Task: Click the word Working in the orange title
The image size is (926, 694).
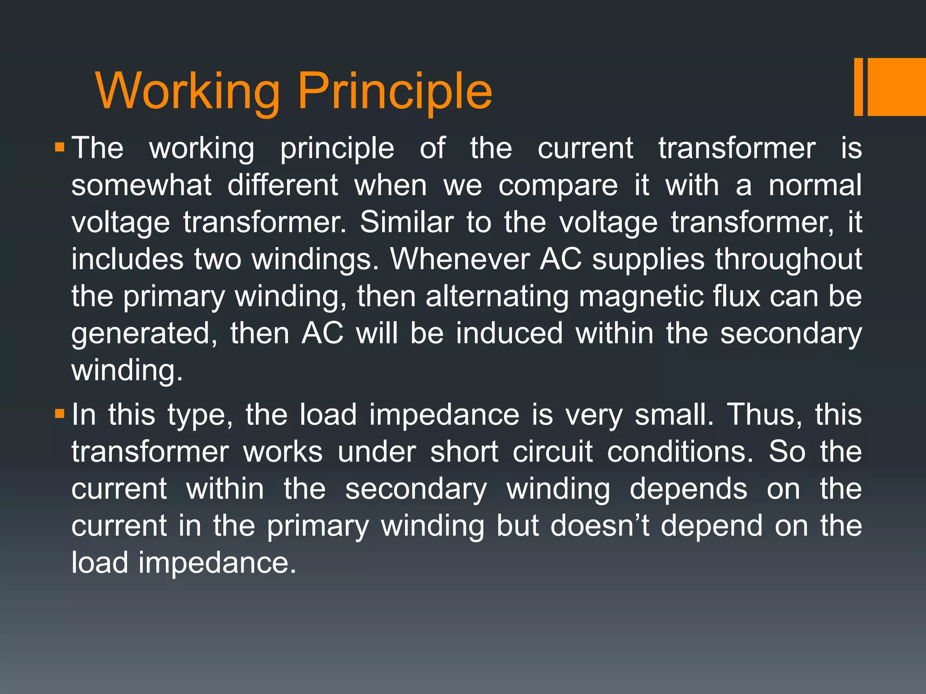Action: [188, 93]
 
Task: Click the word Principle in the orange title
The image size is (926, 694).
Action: [394, 93]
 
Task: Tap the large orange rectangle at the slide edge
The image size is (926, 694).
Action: [897, 87]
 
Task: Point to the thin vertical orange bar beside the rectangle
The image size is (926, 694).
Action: [858, 87]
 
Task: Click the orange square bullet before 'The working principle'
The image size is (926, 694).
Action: [60, 147]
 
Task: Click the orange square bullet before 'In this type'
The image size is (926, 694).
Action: [60, 413]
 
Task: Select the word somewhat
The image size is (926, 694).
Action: [141, 185]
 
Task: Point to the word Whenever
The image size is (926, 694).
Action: [460, 259]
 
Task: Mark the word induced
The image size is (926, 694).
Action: [509, 333]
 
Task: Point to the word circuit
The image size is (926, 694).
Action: [552, 451]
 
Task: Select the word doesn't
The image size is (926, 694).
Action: [600, 525]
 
